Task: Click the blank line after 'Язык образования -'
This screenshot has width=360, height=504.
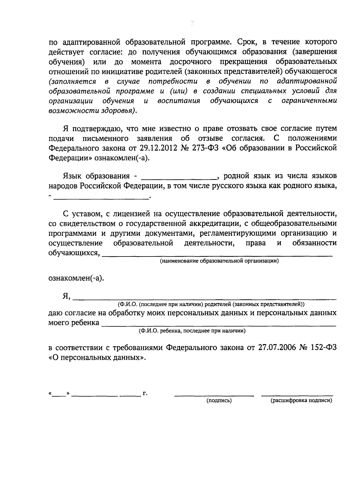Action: point(178,178)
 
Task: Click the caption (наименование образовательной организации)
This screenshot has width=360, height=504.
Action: point(219,261)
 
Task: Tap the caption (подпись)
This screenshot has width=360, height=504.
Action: point(219,400)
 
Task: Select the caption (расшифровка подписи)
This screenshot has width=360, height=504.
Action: point(301,400)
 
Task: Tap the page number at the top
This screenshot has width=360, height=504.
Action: point(192,23)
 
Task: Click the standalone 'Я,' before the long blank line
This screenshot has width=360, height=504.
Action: point(66,296)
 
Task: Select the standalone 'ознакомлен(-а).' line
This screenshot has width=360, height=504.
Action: point(76,278)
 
